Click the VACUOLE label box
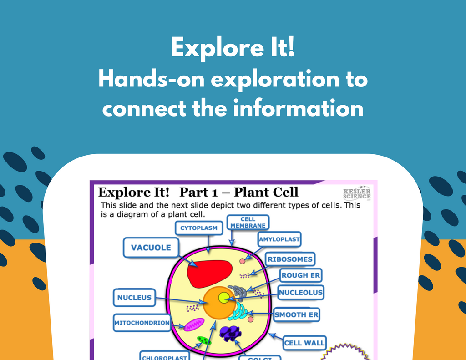[151, 248]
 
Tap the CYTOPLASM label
[199, 228]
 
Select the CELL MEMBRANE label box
[248, 222]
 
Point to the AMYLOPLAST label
[279, 239]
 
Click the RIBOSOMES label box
[290, 259]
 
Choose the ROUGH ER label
[301, 275]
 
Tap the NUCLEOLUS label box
[301, 293]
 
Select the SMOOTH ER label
[297, 314]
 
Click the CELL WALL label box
[304, 343]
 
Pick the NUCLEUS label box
[134, 298]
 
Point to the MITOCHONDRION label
[142, 323]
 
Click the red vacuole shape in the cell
[210, 273]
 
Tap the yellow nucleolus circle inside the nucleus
[224, 298]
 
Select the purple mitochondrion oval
[195, 325]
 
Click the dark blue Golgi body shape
[230, 333]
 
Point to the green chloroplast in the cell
[204, 340]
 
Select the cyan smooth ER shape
[238, 312]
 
